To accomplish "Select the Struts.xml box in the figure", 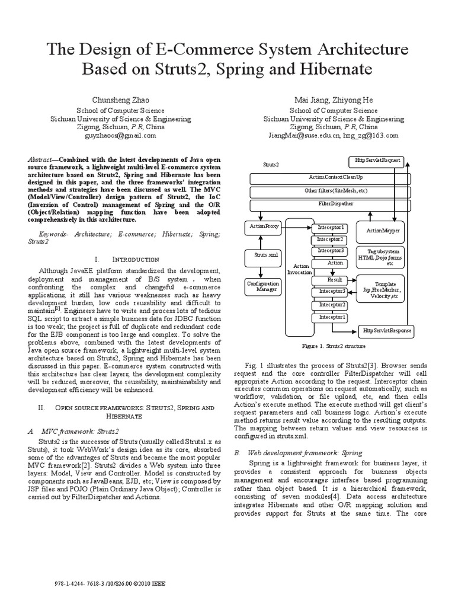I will point(261,255).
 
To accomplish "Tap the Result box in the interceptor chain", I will point(335,280).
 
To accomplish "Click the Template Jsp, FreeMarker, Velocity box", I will point(382,288).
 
